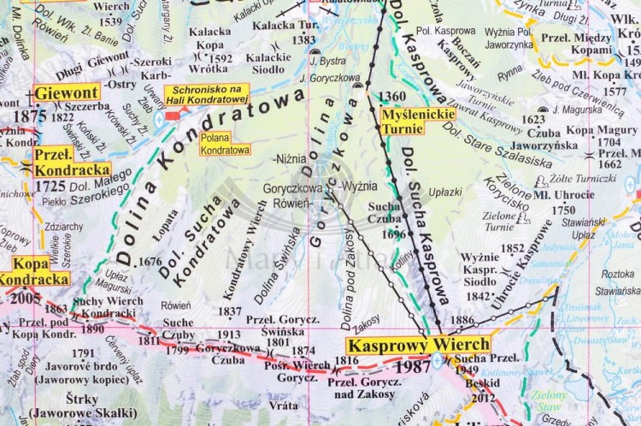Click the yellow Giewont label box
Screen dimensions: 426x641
pos(68,92)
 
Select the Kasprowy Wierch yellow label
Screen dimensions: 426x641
pos(418,346)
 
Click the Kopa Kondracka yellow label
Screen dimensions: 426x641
pos(34,270)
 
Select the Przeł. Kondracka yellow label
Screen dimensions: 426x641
pos(72,162)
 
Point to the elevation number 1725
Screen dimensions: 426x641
pos(51,185)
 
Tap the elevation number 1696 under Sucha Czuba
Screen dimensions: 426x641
pos(395,234)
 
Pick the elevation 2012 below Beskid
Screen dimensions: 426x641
pos(483,396)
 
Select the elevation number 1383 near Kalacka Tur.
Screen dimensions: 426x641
pos(304,39)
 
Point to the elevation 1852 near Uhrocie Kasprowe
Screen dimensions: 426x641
pos(512,248)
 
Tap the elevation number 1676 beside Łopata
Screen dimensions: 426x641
pos(150,262)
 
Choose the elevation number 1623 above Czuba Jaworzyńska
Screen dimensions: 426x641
pos(533,120)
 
